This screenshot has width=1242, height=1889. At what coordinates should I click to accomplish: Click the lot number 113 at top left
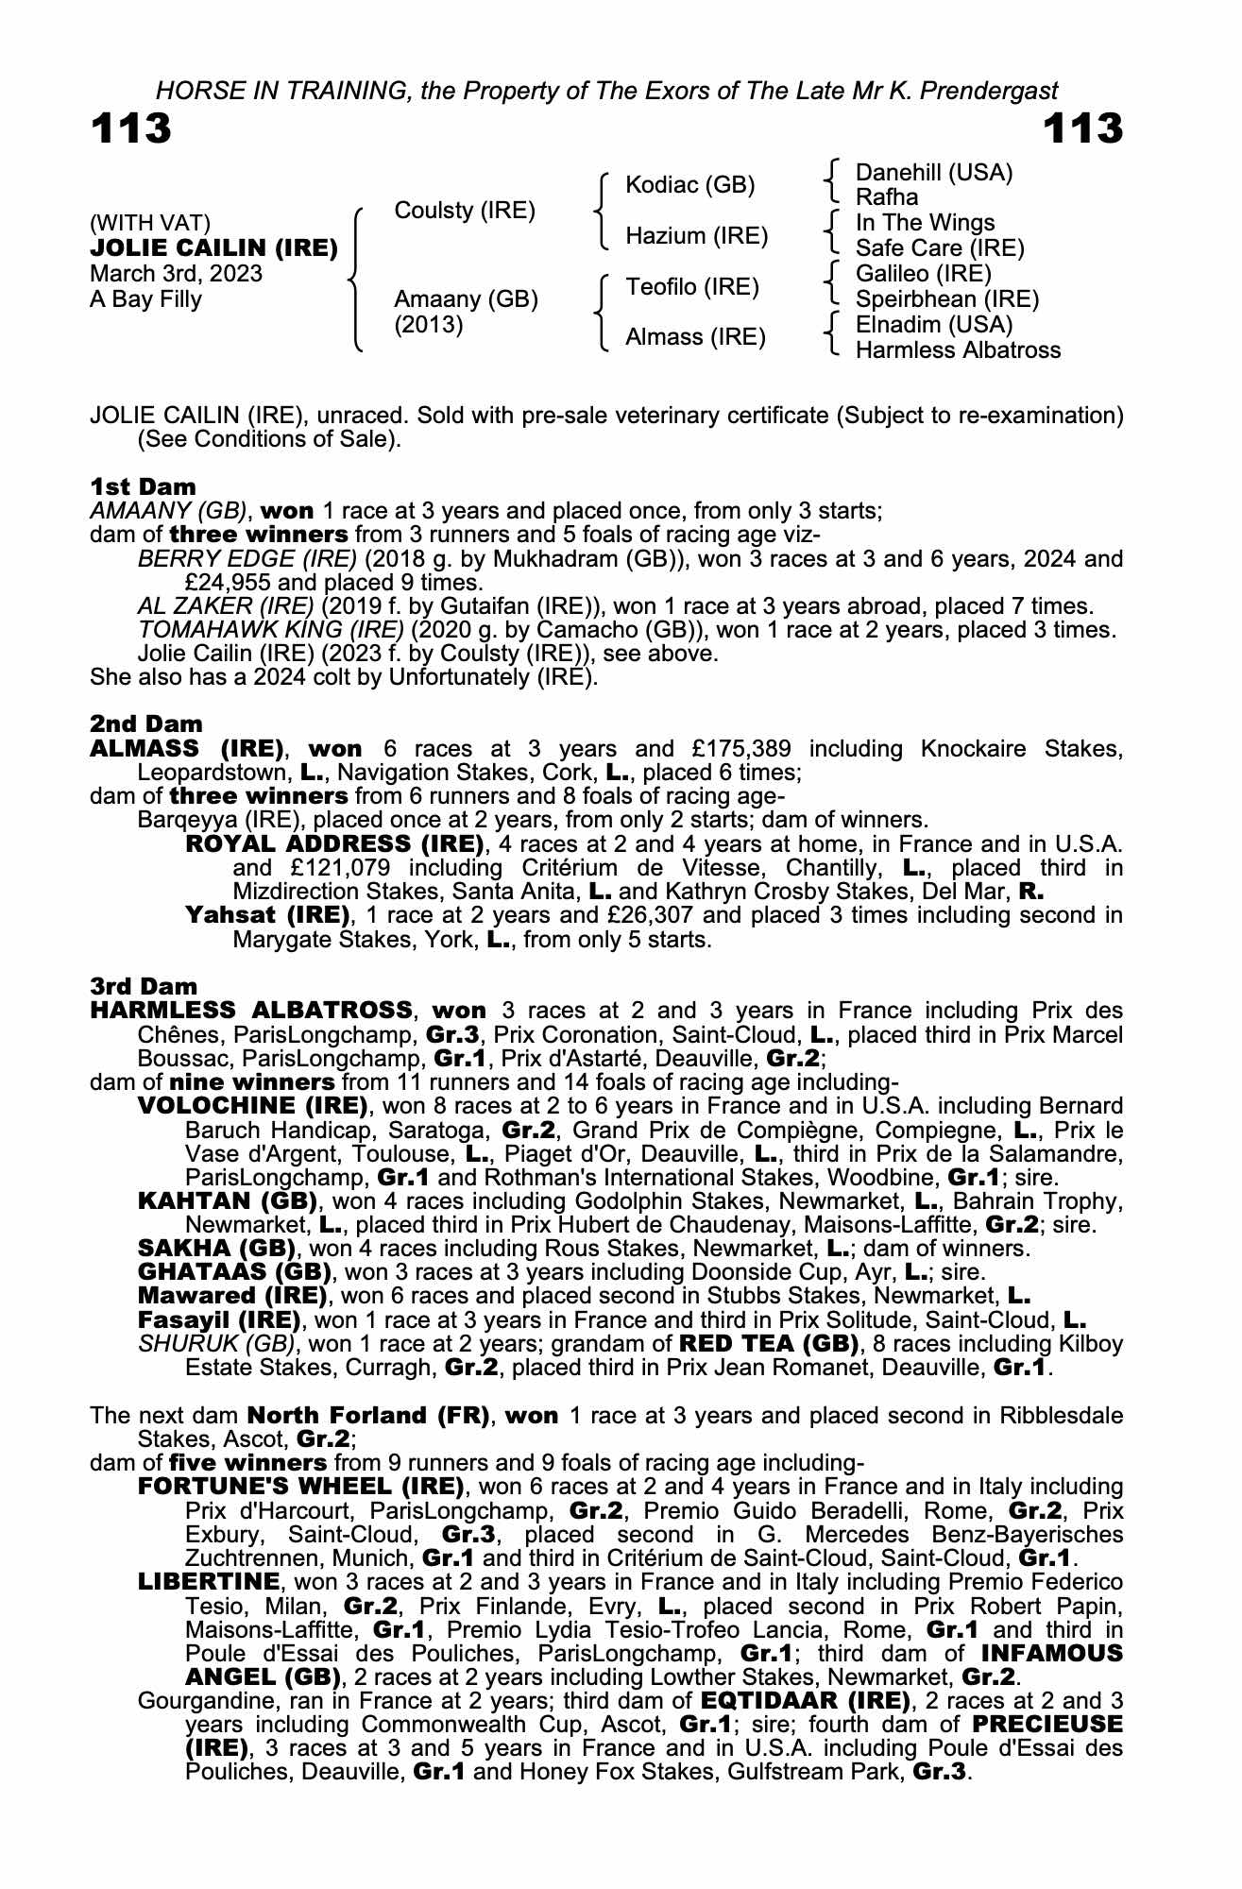click(131, 129)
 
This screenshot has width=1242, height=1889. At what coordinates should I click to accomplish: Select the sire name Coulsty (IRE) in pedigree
click(464, 210)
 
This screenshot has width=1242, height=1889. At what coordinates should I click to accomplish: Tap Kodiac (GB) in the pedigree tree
click(689, 185)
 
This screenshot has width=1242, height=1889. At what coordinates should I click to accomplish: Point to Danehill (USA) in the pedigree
click(933, 173)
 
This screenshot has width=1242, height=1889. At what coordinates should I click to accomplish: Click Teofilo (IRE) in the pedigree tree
click(691, 287)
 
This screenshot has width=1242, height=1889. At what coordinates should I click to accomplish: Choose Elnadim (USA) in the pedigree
click(933, 325)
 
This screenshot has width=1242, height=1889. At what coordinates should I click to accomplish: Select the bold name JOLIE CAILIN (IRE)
click(213, 248)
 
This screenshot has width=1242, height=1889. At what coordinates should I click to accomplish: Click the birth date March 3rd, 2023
click(176, 274)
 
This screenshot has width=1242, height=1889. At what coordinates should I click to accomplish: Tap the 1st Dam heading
click(143, 486)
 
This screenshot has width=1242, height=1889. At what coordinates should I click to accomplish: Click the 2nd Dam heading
click(145, 724)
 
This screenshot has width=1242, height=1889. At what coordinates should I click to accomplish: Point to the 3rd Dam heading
click(144, 987)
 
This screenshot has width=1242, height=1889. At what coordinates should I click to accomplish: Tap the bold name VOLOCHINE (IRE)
click(252, 1105)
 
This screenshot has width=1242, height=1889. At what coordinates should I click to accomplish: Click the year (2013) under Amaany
click(428, 325)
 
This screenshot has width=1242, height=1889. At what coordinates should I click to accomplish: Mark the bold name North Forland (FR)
click(367, 1415)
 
